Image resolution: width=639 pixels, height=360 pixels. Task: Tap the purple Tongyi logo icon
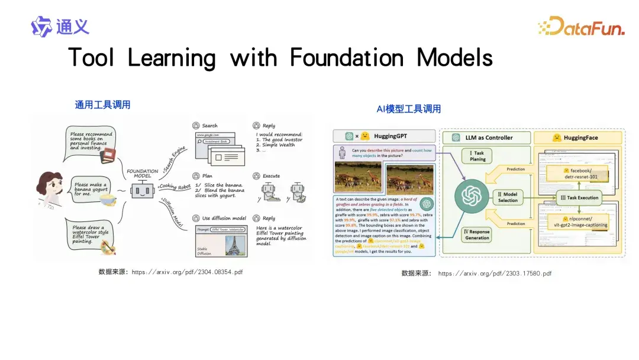pos(41,27)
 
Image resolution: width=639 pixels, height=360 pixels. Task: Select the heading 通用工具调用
pos(102,105)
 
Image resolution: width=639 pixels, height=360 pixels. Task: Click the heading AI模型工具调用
pos(408,109)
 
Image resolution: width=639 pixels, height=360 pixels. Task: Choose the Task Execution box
pos(579,198)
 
